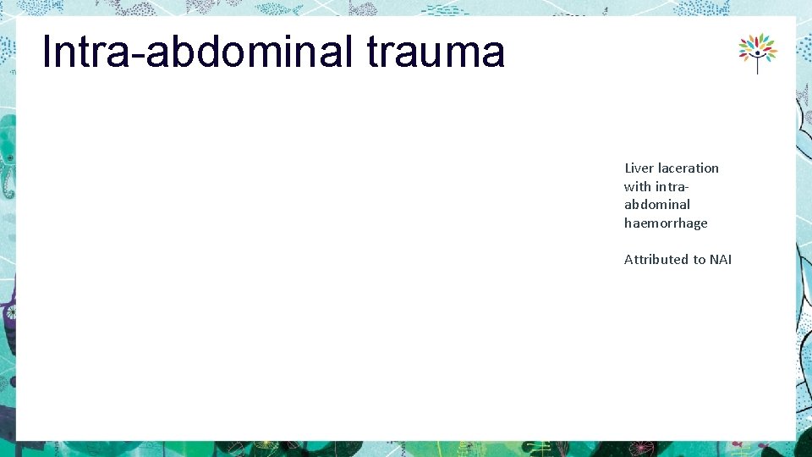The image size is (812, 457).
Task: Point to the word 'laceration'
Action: point(689,168)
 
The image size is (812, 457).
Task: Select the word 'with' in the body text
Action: point(638,186)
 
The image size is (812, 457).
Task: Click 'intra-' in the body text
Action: point(674,186)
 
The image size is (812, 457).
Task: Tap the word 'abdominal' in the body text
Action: point(657,204)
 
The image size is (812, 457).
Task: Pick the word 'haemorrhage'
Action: point(666,223)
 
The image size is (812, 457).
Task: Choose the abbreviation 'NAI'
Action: point(721,259)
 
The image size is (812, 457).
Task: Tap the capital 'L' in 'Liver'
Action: point(628,168)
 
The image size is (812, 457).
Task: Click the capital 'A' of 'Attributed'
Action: point(628,259)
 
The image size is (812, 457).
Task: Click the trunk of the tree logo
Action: point(757,66)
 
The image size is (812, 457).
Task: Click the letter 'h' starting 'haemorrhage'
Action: point(628,223)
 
